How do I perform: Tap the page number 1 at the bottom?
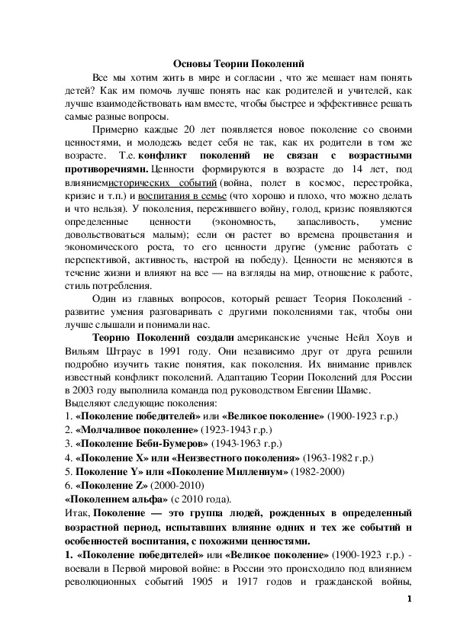click(x=410, y=599)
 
